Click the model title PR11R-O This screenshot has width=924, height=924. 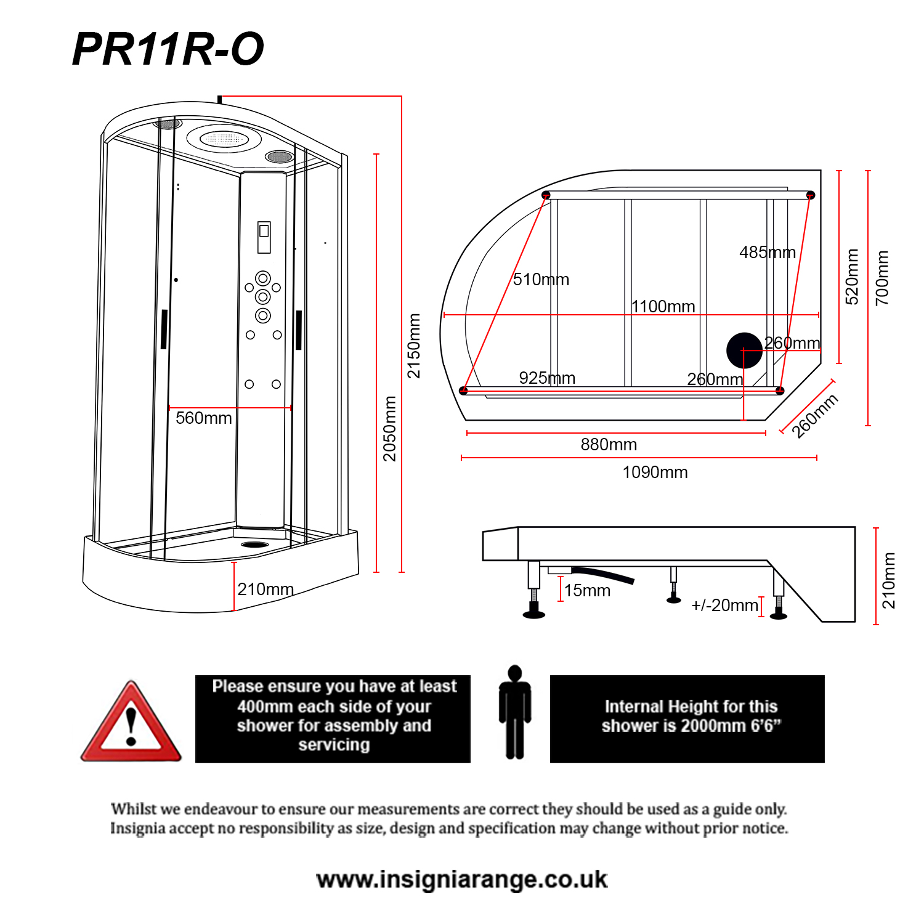point(168,49)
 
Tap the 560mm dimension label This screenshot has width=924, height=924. point(203,418)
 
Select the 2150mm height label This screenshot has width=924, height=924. point(414,346)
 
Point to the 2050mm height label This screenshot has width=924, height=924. point(389,428)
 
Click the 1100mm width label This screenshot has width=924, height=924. point(663,306)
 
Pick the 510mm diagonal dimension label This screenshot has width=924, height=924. point(541,280)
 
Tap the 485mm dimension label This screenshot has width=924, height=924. point(768,253)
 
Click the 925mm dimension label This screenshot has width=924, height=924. point(547,378)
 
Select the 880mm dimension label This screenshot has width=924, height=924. point(609,445)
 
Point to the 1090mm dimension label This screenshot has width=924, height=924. point(655,472)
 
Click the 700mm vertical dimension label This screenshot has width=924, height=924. point(882,278)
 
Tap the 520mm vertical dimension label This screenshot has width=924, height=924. point(852,277)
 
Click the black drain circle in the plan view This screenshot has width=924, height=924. point(744,350)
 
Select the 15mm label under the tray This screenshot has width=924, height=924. point(587,591)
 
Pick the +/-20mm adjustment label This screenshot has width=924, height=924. point(724,606)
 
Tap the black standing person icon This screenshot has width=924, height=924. point(515,712)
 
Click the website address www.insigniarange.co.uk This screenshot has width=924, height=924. point(462,880)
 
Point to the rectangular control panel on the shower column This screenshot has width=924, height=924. point(264,237)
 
